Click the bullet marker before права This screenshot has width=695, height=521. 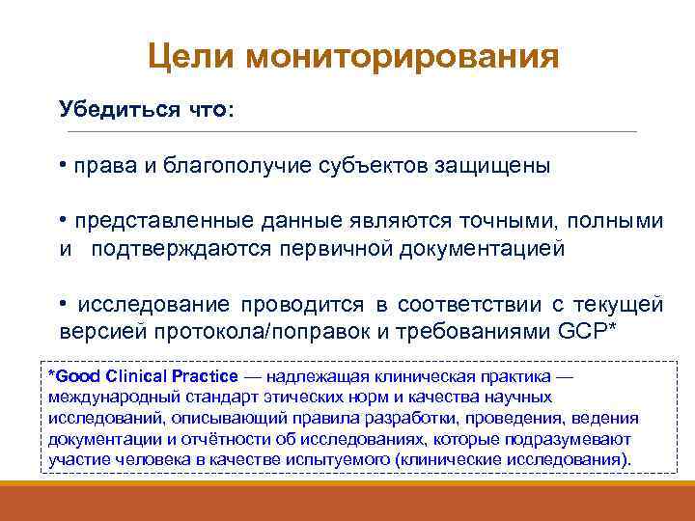(62, 164)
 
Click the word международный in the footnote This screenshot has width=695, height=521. (102, 397)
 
